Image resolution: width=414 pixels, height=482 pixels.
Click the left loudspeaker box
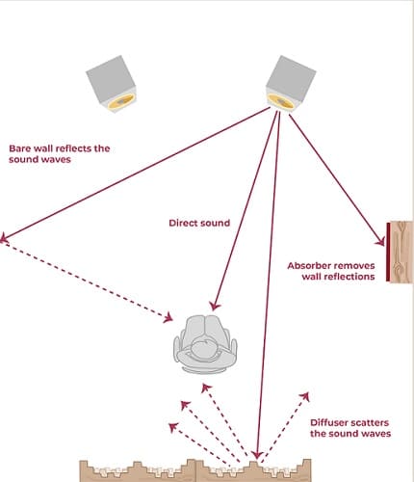point(112,83)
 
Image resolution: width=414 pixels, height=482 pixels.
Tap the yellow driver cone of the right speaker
point(281,101)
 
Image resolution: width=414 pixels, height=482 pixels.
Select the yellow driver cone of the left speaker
point(120,101)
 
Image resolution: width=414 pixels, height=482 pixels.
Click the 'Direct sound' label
point(199,223)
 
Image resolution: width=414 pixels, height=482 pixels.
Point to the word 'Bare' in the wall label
point(20,148)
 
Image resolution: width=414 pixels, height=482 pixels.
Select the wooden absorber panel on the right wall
point(400,252)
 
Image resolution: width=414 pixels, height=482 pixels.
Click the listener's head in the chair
point(204,349)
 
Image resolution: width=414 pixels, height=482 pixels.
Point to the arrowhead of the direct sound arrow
point(215,306)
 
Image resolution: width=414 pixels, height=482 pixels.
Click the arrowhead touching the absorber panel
point(380,241)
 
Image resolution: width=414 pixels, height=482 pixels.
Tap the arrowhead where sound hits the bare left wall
point(3,238)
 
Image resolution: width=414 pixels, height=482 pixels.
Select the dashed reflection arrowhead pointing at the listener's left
point(168,318)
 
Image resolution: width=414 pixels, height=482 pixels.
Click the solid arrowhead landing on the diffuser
point(257,455)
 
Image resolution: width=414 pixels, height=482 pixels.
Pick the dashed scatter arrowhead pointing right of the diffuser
point(305,396)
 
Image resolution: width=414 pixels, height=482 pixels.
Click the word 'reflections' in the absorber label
point(338,277)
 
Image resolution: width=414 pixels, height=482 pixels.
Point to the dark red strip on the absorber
point(388,252)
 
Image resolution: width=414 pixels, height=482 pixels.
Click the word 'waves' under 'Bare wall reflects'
point(55,160)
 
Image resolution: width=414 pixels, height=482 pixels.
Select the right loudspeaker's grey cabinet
point(290,79)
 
